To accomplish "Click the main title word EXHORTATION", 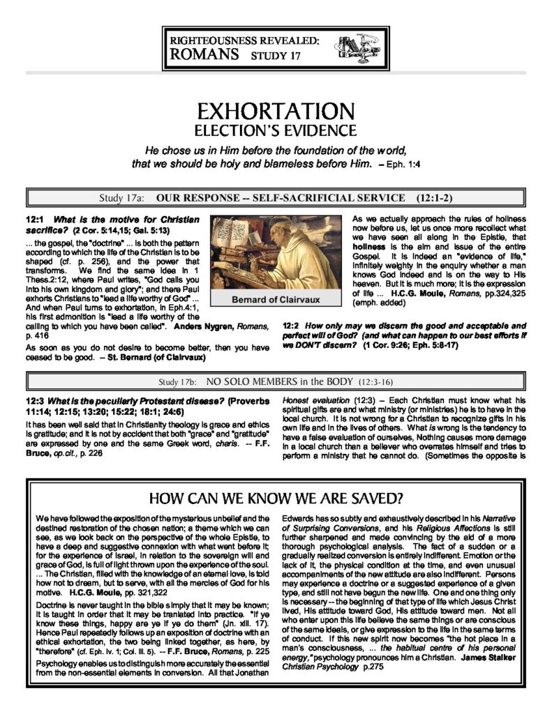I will click(x=276, y=110).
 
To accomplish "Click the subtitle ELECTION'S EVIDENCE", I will click(x=276, y=130).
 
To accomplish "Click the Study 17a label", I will click(x=126, y=197).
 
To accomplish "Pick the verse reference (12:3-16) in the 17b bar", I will click(x=382, y=382).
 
